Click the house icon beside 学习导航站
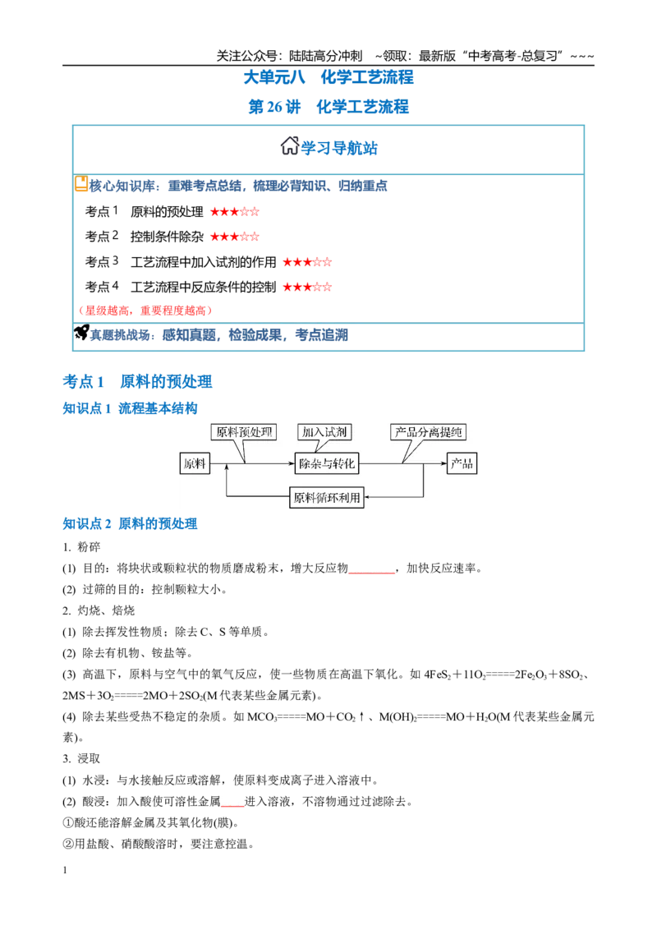tap(289, 145)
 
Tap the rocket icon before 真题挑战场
tap(81, 333)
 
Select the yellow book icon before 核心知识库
tap(81, 184)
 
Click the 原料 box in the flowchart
tap(195, 463)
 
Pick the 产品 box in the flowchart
tap(462, 463)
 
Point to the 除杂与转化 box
tap(327, 463)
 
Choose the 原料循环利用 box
tap(327, 497)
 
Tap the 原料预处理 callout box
tap(244, 432)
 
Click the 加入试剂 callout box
tap(324, 432)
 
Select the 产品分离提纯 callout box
tap(428, 432)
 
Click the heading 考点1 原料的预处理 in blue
tap(138, 381)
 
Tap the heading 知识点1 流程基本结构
tap(130, 408)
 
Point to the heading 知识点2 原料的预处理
tap(130, 523)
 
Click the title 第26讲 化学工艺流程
tap(328, 107)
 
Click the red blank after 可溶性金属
tap(232, 805)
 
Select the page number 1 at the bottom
tap(65, 870)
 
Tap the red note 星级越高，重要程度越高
tap(145, 311)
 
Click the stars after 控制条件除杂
tap(235, 237)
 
